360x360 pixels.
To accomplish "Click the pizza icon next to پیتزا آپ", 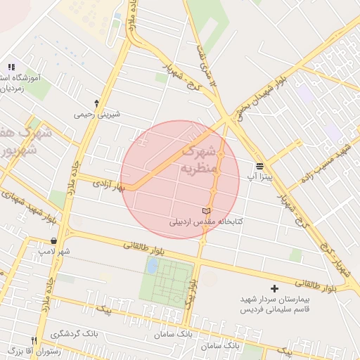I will [260, 166].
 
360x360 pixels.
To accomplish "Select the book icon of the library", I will [206, 210].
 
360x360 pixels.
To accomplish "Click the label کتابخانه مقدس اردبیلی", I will [205, 221].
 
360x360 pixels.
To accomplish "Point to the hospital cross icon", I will [274, 288].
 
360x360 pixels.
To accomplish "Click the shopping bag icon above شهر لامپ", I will [53, 240].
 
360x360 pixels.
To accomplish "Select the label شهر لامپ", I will [54, 251].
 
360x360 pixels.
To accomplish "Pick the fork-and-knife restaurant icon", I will [32, 340].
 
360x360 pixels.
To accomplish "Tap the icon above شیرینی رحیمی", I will [96, 103].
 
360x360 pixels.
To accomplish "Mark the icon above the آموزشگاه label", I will [11, 65].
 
